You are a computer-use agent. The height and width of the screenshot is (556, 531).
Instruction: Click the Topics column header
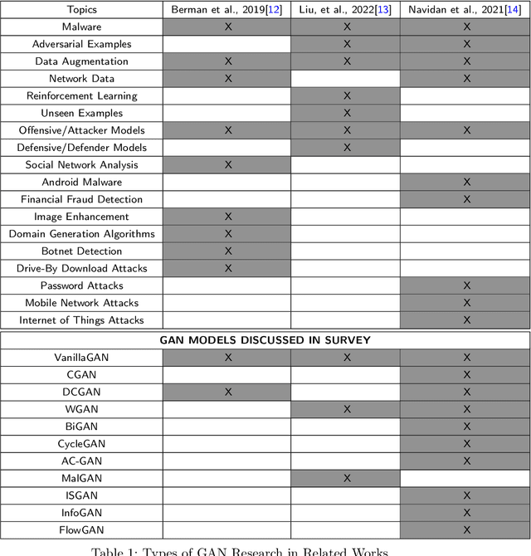pos(80,10)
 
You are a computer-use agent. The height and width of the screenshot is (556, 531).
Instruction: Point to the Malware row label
pos(80,27)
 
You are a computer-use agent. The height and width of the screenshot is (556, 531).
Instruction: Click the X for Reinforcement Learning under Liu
pos(347,95)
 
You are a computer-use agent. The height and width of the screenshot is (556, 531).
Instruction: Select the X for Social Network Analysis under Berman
pos(227,164)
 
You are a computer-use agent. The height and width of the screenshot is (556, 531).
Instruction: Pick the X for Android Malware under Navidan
pos(466,182)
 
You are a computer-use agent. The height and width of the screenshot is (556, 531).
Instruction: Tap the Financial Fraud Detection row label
pos(80,199)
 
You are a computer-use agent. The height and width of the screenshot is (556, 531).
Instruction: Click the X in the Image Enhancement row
pos(227,217)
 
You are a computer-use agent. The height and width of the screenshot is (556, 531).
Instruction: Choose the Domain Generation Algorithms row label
pos(80,234)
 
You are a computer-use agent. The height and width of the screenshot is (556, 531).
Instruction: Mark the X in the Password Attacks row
pos(466,285)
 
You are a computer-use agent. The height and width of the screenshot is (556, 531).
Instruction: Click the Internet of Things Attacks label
pos(80,320)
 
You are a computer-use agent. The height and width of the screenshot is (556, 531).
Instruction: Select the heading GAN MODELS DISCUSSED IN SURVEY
pos(265,339)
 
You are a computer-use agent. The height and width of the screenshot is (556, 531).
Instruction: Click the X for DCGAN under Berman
pos(227,392)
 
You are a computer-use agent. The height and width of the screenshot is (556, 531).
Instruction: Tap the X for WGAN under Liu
pos(347,409)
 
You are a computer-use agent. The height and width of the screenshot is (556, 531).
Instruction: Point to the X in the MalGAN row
pos(347,478)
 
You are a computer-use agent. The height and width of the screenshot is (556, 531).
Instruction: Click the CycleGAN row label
pos(80,444)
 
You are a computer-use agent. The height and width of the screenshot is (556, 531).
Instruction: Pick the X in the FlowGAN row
pos(466,529)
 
